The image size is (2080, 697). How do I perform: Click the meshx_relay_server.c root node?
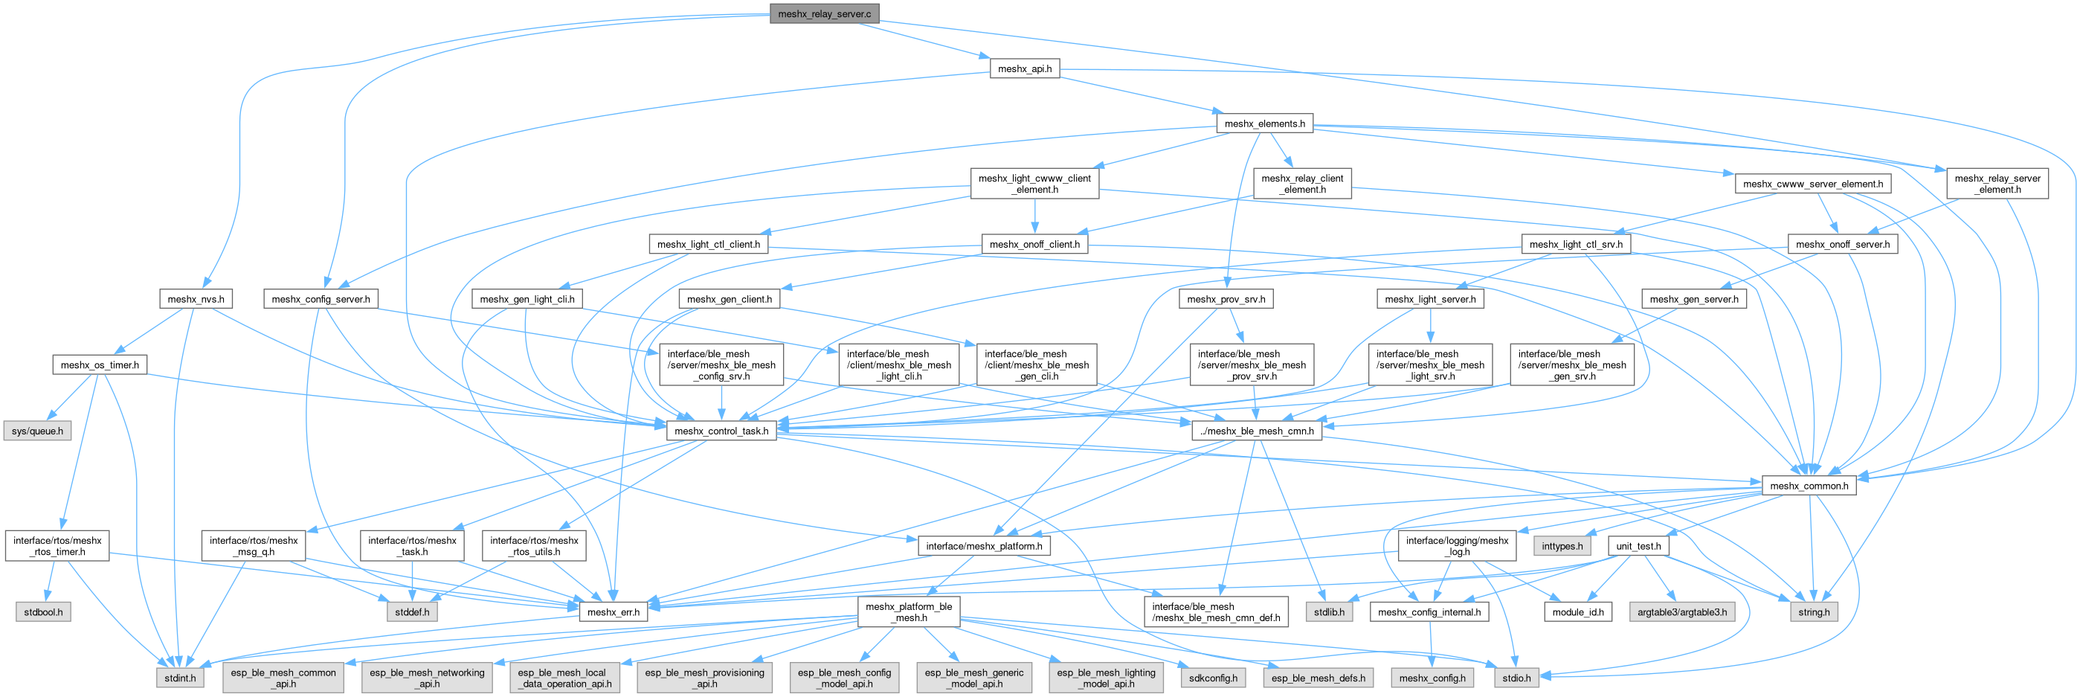(x=824, y=13)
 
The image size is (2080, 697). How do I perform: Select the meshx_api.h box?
(x=1024, y=68)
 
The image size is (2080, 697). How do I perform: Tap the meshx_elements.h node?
(x=1263, y=123)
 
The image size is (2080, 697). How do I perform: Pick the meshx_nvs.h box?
(x=196, y=299)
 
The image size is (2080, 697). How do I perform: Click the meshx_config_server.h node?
(x=321, y=299)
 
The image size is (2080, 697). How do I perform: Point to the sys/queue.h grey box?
(x=37, y=431)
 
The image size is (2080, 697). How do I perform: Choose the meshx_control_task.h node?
(x=721, y=431)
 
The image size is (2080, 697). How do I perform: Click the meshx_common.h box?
(x=1808, y=486)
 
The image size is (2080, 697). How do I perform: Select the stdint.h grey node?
(x=180, y=678)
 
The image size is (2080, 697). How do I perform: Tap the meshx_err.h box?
(x=613, y=611)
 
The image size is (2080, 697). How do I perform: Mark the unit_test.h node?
(x=1638, y=546)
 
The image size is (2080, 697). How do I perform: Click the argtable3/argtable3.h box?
(x=1682, y=611)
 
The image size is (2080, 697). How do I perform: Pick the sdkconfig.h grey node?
(x=1213, y=678)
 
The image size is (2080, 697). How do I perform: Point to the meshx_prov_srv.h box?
(x=1225, y=299)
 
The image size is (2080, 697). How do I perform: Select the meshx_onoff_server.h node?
(x=1842, y=244)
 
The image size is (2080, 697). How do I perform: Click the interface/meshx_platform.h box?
(x=983, y=546)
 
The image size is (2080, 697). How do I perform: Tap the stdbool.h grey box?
(x=43, y=611)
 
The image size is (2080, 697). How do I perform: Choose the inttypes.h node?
(x=1562, y=546)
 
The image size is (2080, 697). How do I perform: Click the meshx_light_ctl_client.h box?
(x=707, y=244)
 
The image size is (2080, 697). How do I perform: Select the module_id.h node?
(x=1578, y=611)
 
